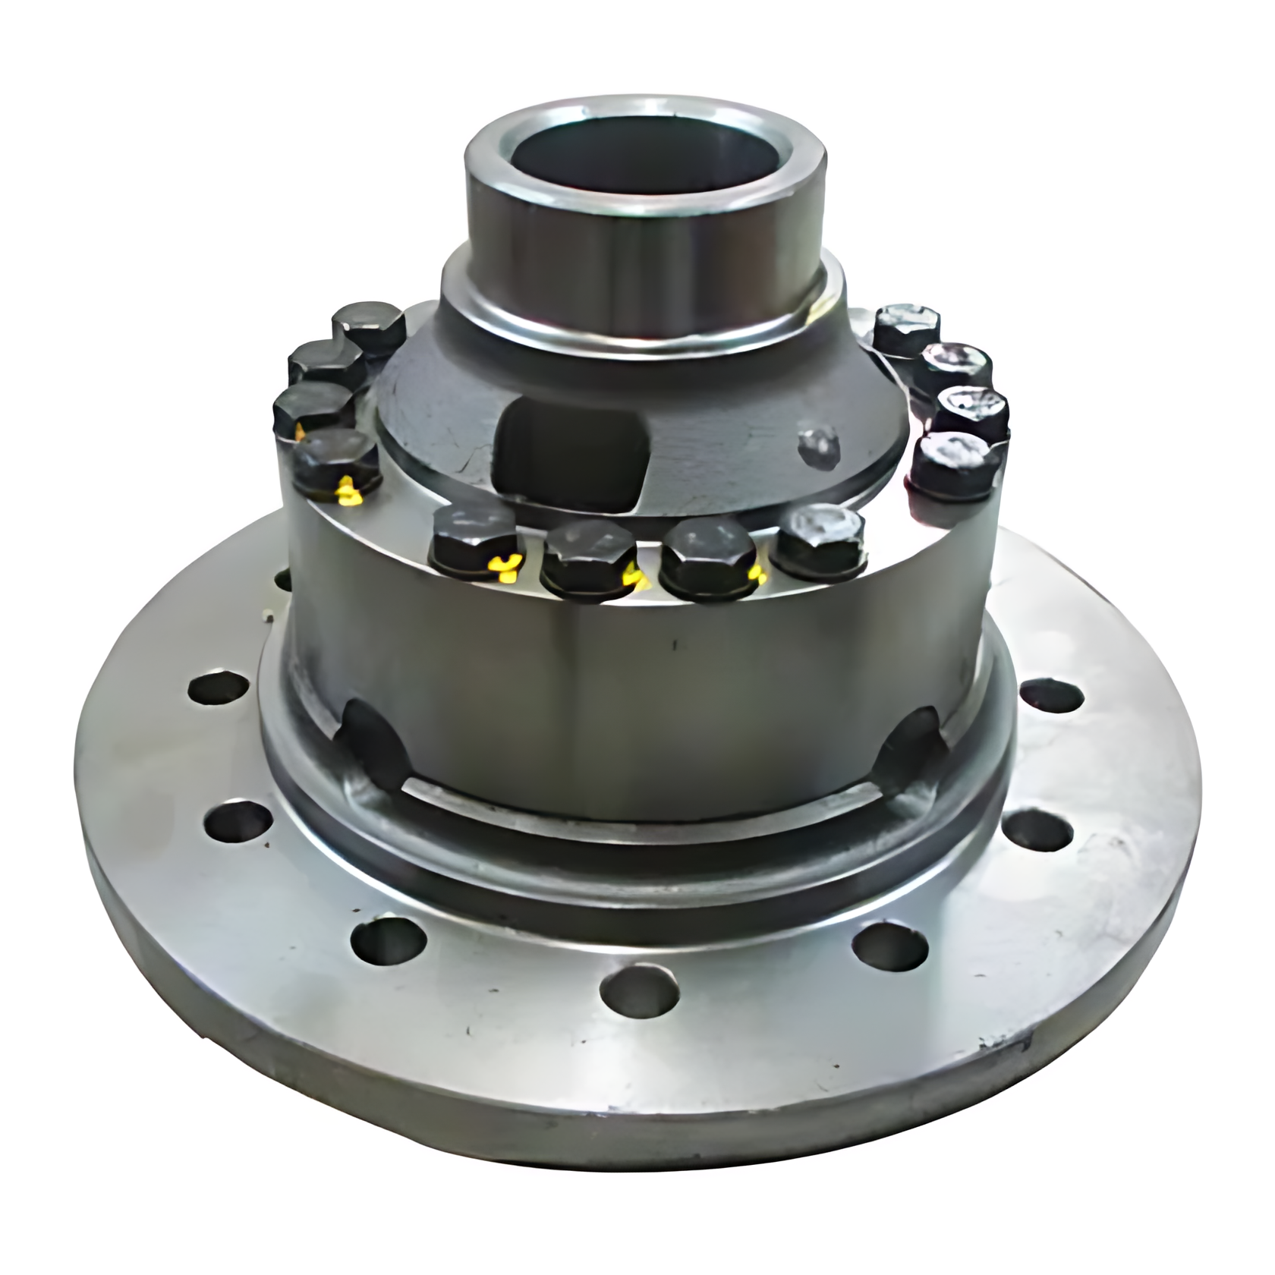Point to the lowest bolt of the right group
958,463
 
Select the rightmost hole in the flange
1050,697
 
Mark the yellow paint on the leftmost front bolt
505,565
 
